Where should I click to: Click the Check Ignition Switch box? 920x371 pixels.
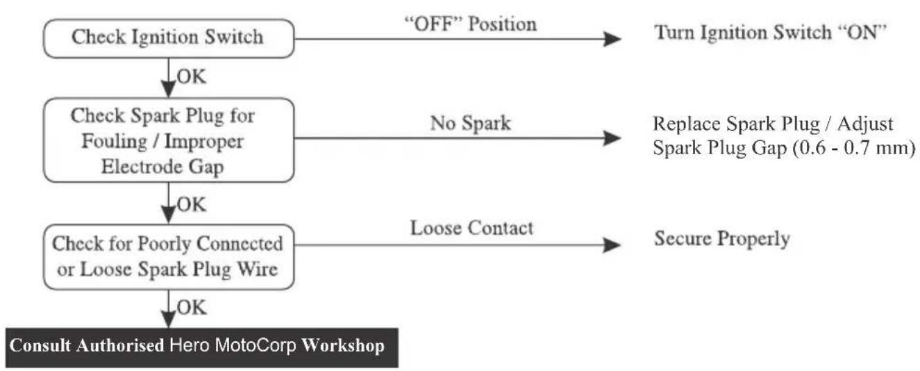(x=169, y=38)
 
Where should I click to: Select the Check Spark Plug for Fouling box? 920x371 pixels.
(x=169, y=140)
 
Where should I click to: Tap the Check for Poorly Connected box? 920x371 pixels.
(x=169, y=257)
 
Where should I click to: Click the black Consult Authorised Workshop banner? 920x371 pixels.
(x=201, y=347)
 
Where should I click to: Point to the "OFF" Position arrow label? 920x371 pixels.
(x=471, y=24)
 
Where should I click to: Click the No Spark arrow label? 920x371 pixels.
(x=471, y=123)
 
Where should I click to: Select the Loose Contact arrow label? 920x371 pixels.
(x=471, y=228)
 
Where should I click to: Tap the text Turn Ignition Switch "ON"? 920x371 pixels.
(x=770, y=33)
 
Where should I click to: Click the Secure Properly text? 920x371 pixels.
(x=722, y=239)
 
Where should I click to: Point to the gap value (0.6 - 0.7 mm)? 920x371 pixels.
(x=854, y=148)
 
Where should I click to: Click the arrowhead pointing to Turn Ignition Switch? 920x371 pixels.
(x=612, y=39)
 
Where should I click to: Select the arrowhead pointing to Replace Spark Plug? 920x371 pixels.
(x=612, y=138)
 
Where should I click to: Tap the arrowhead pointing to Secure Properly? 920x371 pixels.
(x=612, y=245)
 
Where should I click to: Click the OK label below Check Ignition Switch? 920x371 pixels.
(x=192, y=77)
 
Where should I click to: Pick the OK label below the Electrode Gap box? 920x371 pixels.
(x=192, y=204)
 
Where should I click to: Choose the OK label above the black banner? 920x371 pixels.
(x=192, y=308)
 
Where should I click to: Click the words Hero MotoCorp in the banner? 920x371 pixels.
(x=233, y=345)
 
